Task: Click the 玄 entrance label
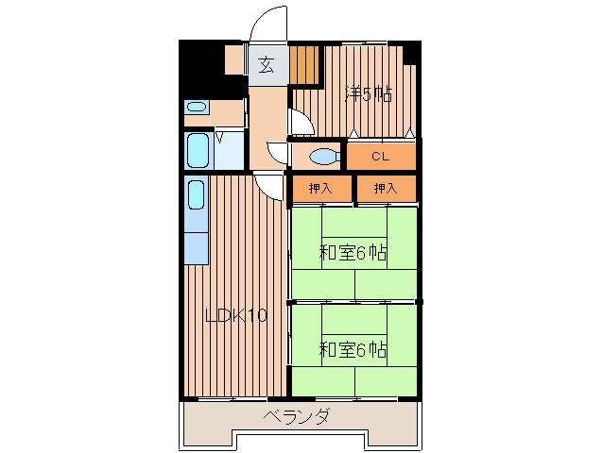pos(267,65)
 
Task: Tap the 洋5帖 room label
pos(368,93)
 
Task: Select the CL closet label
pos(380,156)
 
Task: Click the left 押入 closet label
pos(320,189)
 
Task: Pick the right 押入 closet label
pos(385,189)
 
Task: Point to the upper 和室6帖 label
pos(353,253)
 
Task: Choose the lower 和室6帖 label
pos(353,349)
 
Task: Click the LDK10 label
pos(235,316)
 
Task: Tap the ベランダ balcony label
pos(297,416)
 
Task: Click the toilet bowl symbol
pos(322,156)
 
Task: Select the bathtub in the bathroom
pos(197,149)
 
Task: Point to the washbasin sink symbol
pos(196,107)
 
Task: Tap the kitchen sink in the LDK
pos(196,197)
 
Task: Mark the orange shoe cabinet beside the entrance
pos(304,66)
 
